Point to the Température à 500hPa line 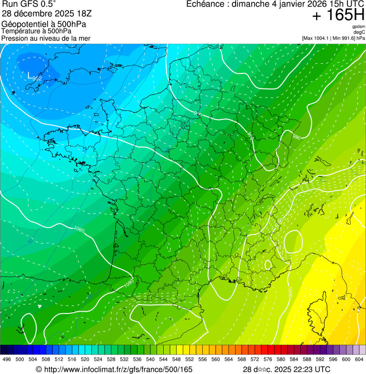pyautogui.click(x=37, y=31)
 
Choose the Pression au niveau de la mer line pyautogui.click(x=46, y=38)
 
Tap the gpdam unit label pyautogui.click(x=358, y=27)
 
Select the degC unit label pyautogui.click(x=359, y=32)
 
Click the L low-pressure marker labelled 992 pyautogui.click(x=30, y=75)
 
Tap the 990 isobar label pyautogui.click(x=296, y=138)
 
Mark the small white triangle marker pyautogui.click(x=40, y=306)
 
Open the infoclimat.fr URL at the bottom pyautogui.click(x=114, y=369)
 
